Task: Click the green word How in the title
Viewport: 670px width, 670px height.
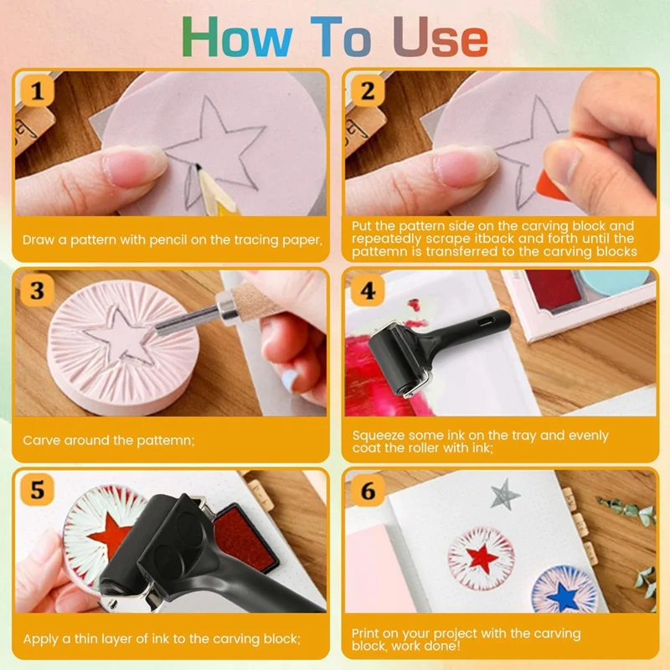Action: pyautogui.click(x=237, y=37)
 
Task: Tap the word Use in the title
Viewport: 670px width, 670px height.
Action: pyautogui.click(x=441, y=37)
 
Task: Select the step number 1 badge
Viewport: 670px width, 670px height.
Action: pyautogui.click(x=37, y=90)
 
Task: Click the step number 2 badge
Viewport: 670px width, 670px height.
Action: pyautogui.click(x=368, y=90)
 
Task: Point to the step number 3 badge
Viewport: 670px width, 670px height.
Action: pyautogui.click(x=37, y=291)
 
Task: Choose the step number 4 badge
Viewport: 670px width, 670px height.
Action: pyautogui.click(x=368, y=291)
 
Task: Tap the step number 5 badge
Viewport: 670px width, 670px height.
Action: pyautogui.click(x=37, y=490)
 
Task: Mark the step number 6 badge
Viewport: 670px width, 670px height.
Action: pyautogui.click(x=368, y=490)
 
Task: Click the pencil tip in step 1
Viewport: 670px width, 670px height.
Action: pyautogui.click(x=198, y=166)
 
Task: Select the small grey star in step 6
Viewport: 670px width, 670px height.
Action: pyautogui.click(x=505, y=494)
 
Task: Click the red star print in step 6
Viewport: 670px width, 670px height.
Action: pyautogui.click(x=482, y=558)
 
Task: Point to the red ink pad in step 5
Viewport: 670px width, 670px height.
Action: pyautogui.click(x=245, y=538)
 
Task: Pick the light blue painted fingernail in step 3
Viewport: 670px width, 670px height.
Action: pyautogui.click(x=291, y=379)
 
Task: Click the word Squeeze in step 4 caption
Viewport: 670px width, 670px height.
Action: pyautogui.click(x=379, y=435)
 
